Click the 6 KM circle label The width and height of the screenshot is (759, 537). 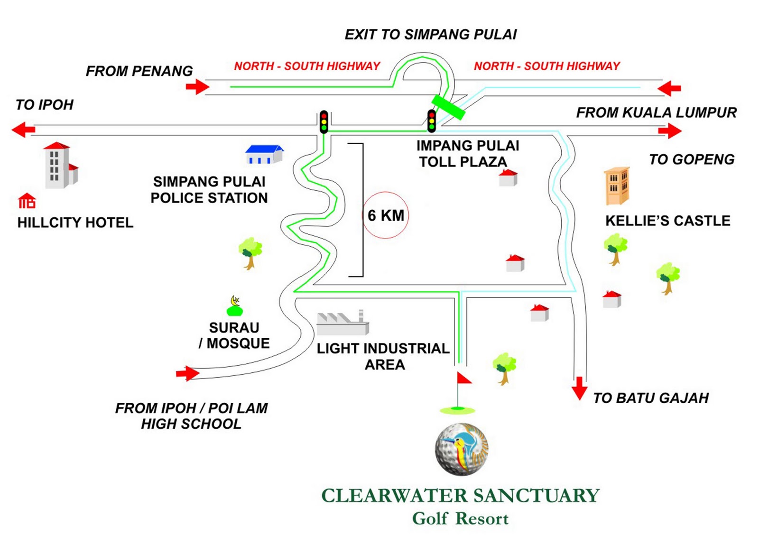click(385, 215)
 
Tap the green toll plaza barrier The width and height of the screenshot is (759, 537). click(448, 107)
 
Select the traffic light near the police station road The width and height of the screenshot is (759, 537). click(324, 122)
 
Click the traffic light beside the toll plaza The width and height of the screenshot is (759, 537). click(432, 121)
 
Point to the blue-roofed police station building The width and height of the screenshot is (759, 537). click(264, 155)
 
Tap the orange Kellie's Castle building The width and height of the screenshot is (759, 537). click(617, 186)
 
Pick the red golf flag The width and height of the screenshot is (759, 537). click(463, 378)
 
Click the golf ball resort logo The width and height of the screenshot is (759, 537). click(461, 449)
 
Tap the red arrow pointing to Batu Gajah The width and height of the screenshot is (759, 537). click(579, 389)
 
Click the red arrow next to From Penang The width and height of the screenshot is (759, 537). click(197, 87)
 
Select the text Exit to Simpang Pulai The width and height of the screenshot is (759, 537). click(430, 35)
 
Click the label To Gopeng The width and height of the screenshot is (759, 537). click(691, 159)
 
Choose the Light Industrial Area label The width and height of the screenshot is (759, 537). click(383, 356)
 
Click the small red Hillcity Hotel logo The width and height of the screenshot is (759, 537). click(27, 201)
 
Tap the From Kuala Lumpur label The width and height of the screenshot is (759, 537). click(656, 112)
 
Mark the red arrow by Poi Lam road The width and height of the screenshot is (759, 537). click(188, 373)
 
